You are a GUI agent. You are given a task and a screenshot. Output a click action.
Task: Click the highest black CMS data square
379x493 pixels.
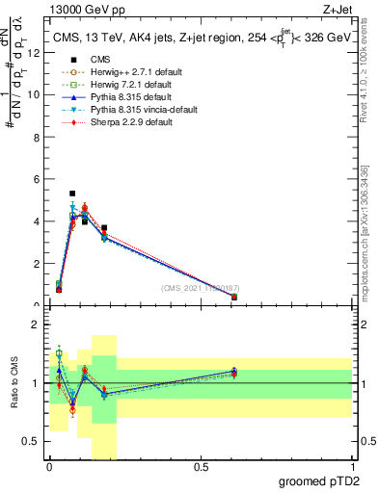[72, 194]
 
